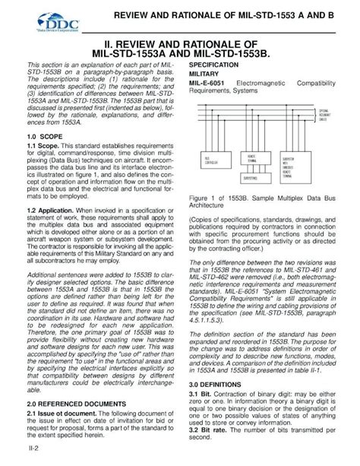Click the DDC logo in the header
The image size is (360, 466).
pyautogui.click(x=39, y=14)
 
